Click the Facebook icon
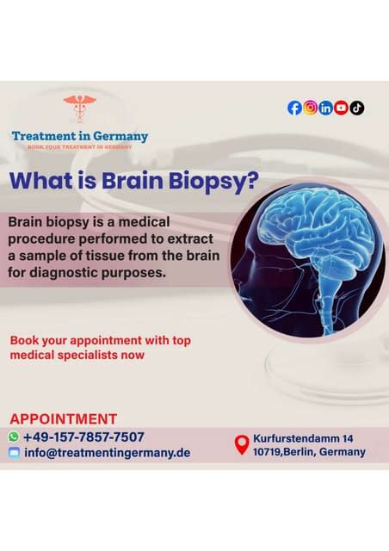click(294, 108)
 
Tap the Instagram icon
click(311, 108)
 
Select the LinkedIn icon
click(326, 108)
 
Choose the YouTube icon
click(342, 108)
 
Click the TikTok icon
click(357, 108)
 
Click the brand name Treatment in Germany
click(80, 136)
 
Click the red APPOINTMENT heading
click(63, 419)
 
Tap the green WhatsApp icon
click(14, 436)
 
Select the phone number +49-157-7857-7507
click(83, 436)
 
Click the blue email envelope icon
click(14, 453)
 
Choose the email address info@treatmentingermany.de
click(108, 453)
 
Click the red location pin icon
click(241, 444)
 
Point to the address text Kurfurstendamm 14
click(303, 437)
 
